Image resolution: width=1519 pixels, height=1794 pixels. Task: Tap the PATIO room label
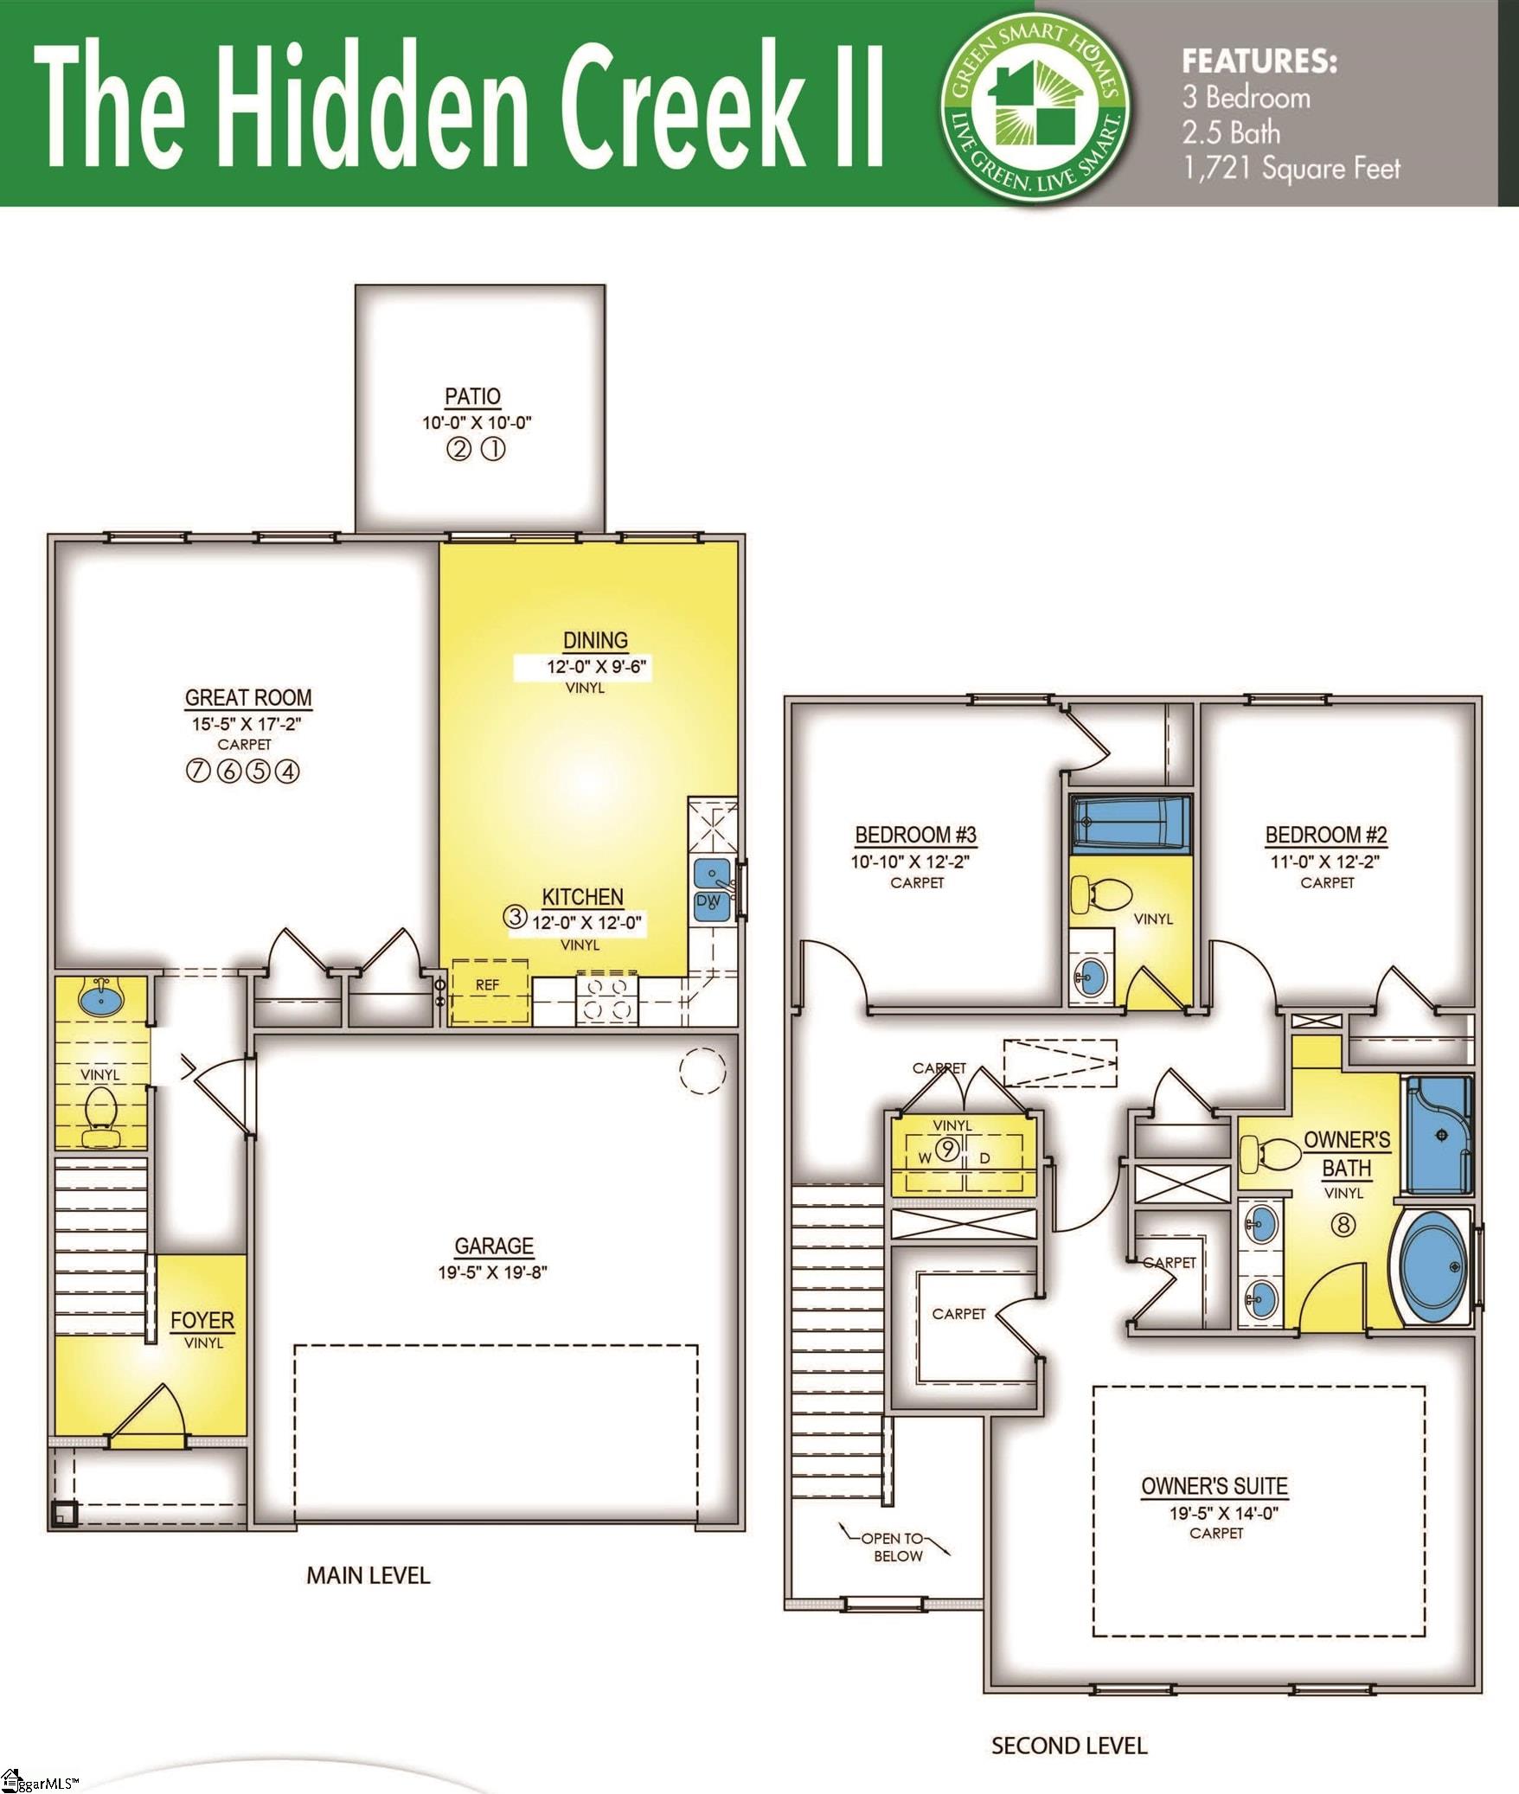click(x=472, y=396)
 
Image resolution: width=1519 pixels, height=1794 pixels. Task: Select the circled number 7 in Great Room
click(x=198, y=771)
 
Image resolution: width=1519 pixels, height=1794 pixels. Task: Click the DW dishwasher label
click(x=708, y=901)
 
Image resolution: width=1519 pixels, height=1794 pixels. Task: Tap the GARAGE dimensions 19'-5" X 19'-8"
click(x=492, y=1272)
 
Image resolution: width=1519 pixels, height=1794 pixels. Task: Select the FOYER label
click(x=202, y=1321)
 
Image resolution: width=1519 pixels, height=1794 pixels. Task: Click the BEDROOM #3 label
click(x=915, y=835)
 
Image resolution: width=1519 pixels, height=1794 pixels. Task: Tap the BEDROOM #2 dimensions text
click(x=1324, y=862)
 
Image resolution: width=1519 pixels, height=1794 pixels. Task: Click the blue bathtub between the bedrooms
click(x=1129, y=823)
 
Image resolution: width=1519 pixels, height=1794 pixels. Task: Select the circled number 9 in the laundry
click(x=949, y=1150)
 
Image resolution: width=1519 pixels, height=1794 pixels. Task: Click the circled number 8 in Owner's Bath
click(x=1343, y=1225)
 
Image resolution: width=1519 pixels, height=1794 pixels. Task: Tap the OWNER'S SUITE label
click(x=1215, y=1486)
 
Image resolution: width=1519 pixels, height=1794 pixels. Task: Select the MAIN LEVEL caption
click(x=368, y=1575)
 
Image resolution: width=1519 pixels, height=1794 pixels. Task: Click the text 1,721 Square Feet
click(x=1291, y=168)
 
